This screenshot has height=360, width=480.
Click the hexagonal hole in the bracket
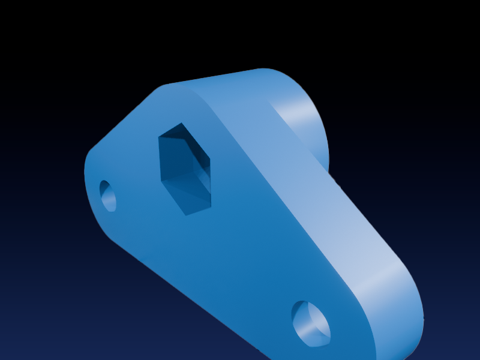pyautogui.click(x=185, y=169)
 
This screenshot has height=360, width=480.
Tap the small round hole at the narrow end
pyautogui.click(x=109, y=196)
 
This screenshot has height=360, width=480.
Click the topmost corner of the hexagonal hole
pyautogui.click(x=181, y=124)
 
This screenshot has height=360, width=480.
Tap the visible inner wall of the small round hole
pyautogui.click(x=106, y=197)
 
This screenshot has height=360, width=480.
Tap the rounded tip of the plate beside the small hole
pyautogui.click(x=90, y=180)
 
